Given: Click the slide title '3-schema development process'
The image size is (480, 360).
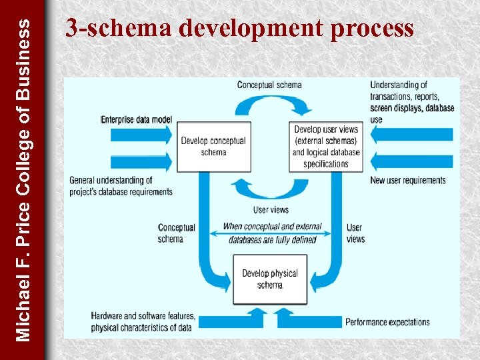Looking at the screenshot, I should click(x=239, y=29).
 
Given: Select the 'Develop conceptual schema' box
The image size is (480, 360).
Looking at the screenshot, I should click(x=213, y=147).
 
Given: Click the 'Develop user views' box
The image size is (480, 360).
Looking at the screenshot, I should click(x=326, y=147).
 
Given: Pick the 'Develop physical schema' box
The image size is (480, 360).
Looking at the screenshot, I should click(x=269, y=279).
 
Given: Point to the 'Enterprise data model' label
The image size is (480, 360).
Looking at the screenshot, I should click(x=136, y=120).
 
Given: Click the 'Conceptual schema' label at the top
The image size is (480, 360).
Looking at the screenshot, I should click(x=269, y=85).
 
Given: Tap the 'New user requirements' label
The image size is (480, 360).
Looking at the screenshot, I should click(x=408, y=181).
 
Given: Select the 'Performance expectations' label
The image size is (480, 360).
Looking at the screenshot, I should click(x=387, y=322).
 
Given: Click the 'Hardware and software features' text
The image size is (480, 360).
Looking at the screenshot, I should click(x=143, y=316).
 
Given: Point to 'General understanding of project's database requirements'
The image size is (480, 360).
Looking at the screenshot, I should click(x=121, y=186).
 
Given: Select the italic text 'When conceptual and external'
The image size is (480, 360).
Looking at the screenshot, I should click(x=272, y=227).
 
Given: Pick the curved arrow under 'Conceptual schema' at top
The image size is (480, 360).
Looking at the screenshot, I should click(x=269, y=105).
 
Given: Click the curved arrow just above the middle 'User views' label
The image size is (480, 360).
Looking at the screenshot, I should click(x=269, y=191).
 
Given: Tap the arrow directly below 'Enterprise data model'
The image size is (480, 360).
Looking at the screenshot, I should click(x=141, y=135).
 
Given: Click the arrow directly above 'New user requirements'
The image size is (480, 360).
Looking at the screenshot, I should click(x=411, y=161).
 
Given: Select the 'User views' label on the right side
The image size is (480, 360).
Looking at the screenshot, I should click(x=355, y=233).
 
